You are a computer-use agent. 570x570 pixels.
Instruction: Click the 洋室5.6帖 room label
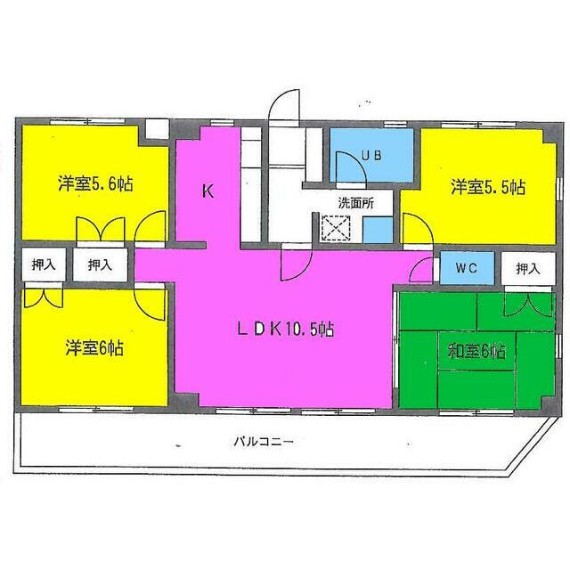coord(96,185)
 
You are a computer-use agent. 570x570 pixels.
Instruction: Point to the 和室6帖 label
coord(476,351)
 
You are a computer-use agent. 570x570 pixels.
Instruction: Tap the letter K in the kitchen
coord(207,190)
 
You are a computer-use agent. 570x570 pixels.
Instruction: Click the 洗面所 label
coord(355,202)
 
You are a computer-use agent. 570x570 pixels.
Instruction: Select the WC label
coord(467,267)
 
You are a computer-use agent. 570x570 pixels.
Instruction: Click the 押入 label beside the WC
coord(528,267)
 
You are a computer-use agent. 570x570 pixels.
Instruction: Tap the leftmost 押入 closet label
coord(42,265)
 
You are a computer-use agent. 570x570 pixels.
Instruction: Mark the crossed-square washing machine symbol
coord(336,228)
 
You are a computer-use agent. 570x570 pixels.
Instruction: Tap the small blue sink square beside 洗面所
coord(375,231)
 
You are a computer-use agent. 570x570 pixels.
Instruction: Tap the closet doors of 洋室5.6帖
coord(101,229)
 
